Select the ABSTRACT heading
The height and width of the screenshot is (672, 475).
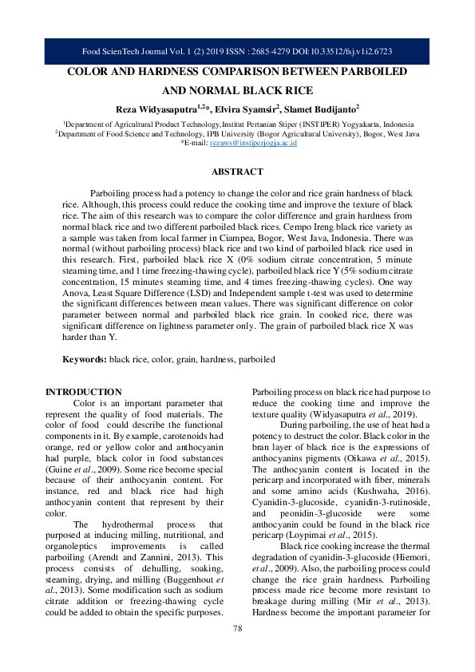coord(237,172)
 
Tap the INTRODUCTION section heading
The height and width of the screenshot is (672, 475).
coord(84,392)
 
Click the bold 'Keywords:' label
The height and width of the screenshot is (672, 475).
coord(85,360)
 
